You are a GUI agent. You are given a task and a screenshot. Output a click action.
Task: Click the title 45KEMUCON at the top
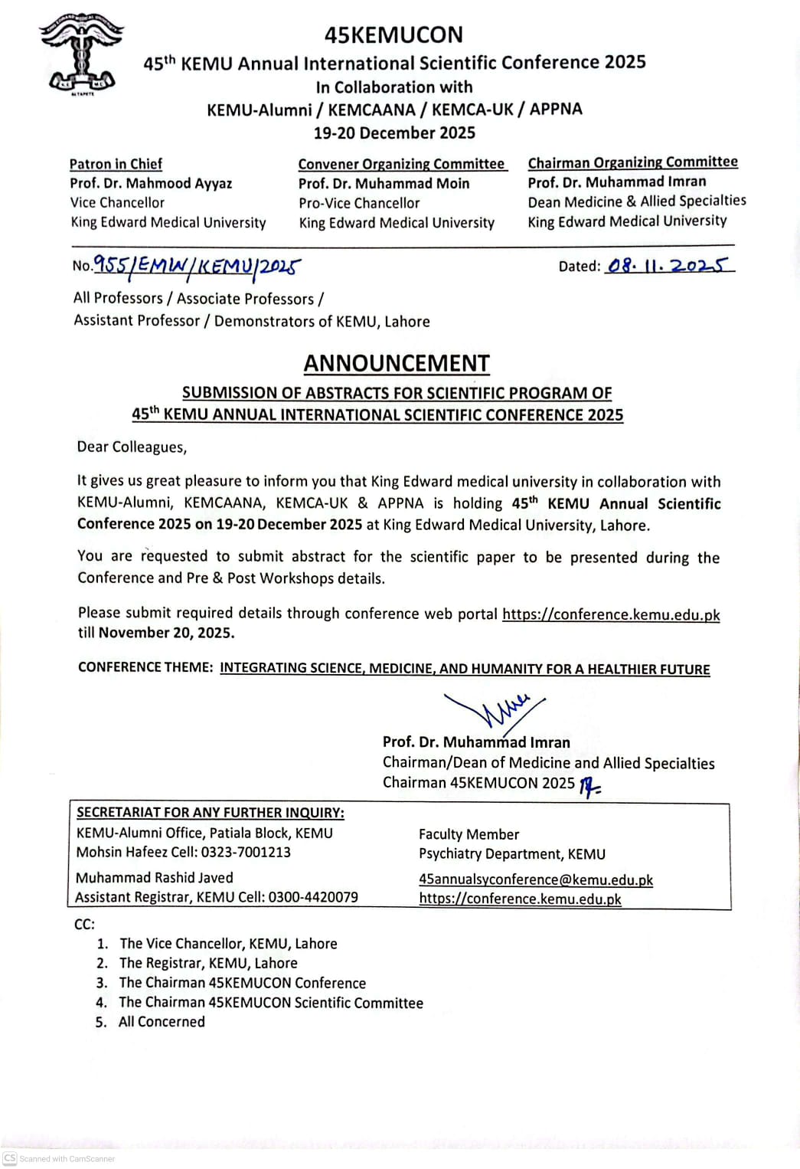click(393, 34)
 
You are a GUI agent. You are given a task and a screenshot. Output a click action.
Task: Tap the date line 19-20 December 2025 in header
click(394, 133)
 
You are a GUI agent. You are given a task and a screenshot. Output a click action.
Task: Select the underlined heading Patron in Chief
click(116, 164)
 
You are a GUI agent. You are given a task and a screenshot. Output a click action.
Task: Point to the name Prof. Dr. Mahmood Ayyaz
click(151, 183)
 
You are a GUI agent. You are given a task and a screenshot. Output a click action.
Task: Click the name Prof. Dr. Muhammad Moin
click(384, 183)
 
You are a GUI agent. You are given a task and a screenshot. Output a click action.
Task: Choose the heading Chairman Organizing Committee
click(632, 162)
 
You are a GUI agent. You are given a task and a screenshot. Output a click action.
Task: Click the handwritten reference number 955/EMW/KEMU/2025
click(197, 266)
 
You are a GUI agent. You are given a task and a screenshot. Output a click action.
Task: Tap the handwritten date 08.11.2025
click(668, 265)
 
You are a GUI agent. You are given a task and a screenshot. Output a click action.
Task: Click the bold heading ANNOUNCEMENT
click(397, 363)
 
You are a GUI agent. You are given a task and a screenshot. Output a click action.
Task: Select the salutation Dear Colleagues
click(132, 447)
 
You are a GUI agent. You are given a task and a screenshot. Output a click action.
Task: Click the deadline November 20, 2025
click(166, 633)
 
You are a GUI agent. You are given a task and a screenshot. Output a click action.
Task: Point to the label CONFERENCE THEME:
click(145, 667)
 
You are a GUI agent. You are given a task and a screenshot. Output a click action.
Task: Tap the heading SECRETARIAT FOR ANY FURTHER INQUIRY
click(211, 813)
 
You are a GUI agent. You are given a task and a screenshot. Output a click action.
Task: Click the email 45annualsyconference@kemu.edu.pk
click(536, 879)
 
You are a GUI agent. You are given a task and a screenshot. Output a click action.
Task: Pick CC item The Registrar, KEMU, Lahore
click(208, 963)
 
